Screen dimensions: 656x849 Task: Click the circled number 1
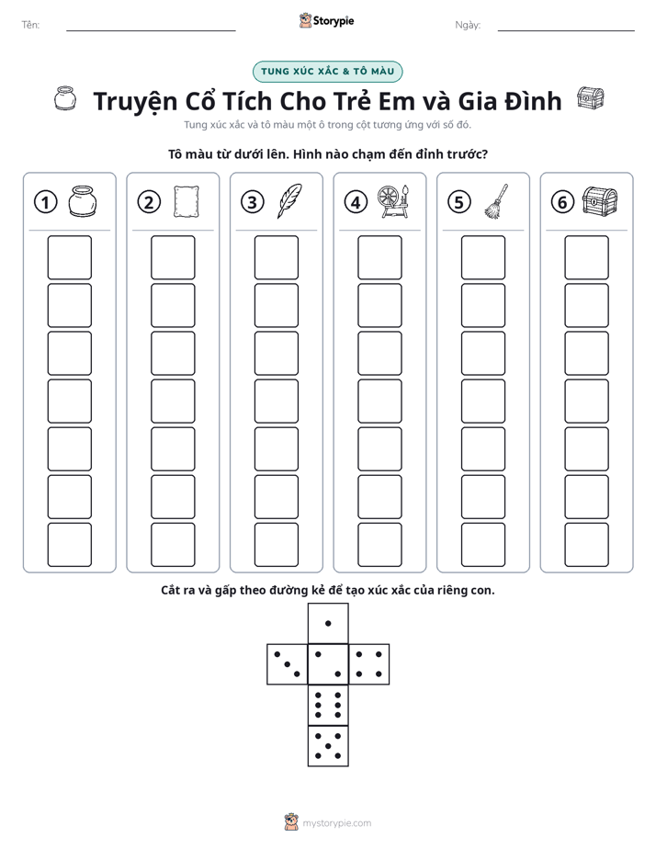click(45, 202)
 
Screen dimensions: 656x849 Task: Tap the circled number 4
click(356, 202)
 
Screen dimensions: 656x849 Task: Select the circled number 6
click(562, 202)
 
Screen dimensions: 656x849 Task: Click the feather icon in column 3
click(289, 201)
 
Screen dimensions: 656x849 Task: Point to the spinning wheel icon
click(393, 201)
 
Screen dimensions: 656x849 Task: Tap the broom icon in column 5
click(496, 201)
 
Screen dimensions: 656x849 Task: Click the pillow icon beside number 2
click(187, 201)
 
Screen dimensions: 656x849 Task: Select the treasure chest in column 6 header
click(600, 201)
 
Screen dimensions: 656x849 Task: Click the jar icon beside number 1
click(83, 201)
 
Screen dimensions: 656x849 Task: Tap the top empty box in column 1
click(69, 257)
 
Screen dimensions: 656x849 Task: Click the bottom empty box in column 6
click(587, 545)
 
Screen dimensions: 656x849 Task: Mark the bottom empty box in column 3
click(276, 545)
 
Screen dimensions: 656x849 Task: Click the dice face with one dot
click(328, 623)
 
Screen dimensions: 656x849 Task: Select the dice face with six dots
click(328, 705)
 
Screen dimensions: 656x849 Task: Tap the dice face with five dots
click(328, 746)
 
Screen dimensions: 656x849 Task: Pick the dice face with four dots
click(369, 664)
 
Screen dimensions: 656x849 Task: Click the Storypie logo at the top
click(326, 20)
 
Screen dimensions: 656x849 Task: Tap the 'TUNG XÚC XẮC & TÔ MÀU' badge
click(327, 72)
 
